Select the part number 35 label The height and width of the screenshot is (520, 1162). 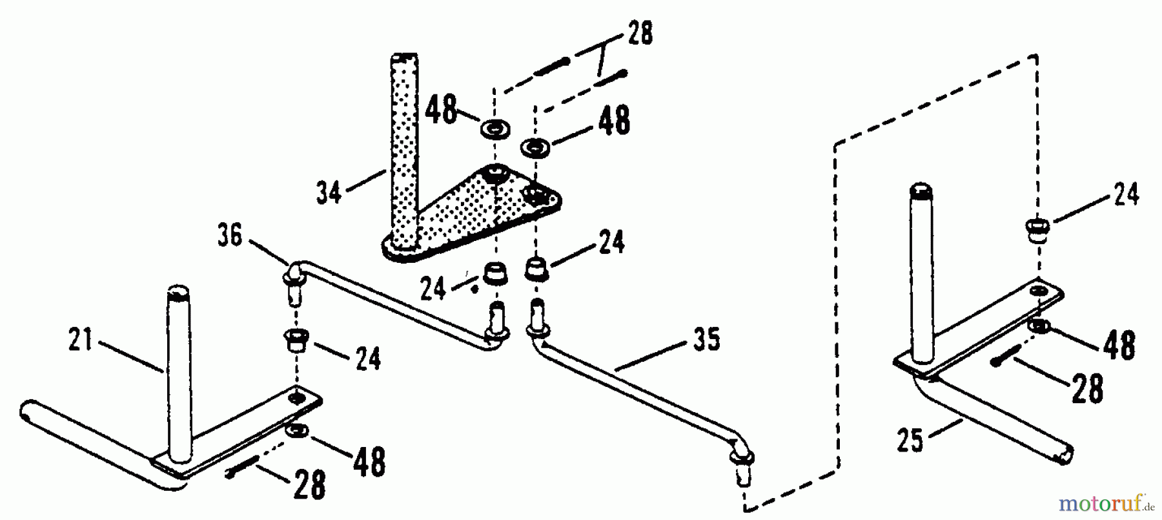coord(707,340)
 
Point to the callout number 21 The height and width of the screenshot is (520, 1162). coord(81,340)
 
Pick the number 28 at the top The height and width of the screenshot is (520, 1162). coord(638,34)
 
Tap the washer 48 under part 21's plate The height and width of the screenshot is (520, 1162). coord(297,430)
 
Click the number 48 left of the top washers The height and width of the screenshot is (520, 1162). coord(440,110)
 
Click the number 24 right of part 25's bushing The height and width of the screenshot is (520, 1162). coord(1126,194)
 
